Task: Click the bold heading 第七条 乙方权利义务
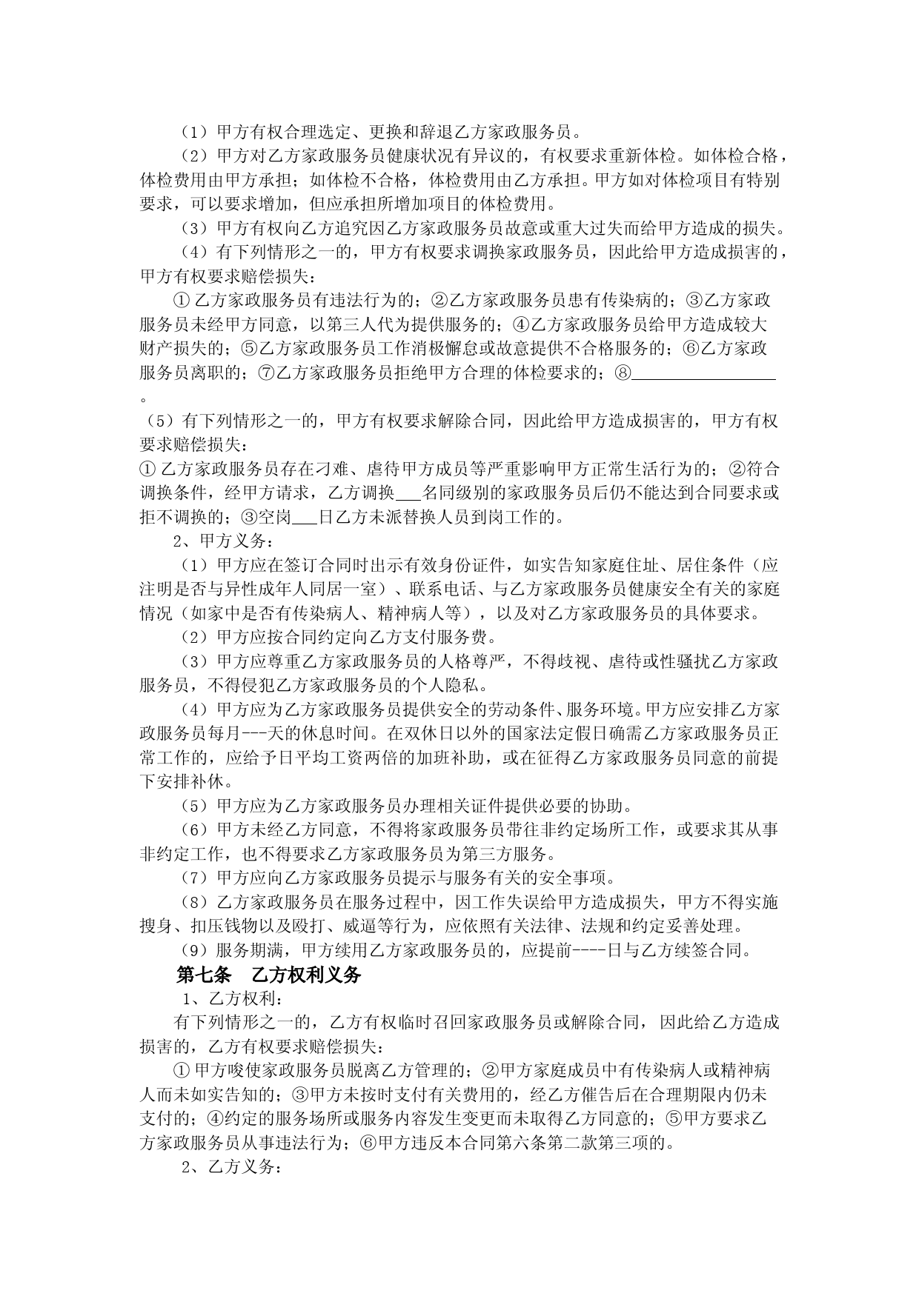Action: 268,974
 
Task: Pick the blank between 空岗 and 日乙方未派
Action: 305,517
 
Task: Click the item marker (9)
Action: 196,950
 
